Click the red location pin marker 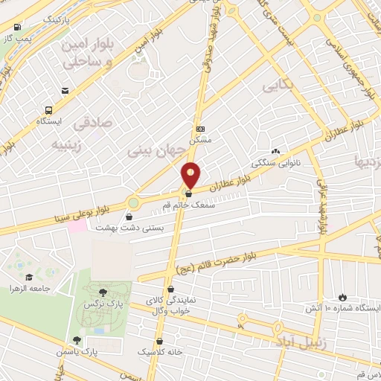[191, 174]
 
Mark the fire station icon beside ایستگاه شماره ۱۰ [342, 295]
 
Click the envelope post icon [65, 91]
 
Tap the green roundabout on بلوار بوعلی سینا [133, 202]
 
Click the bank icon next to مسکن [199, 129]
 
